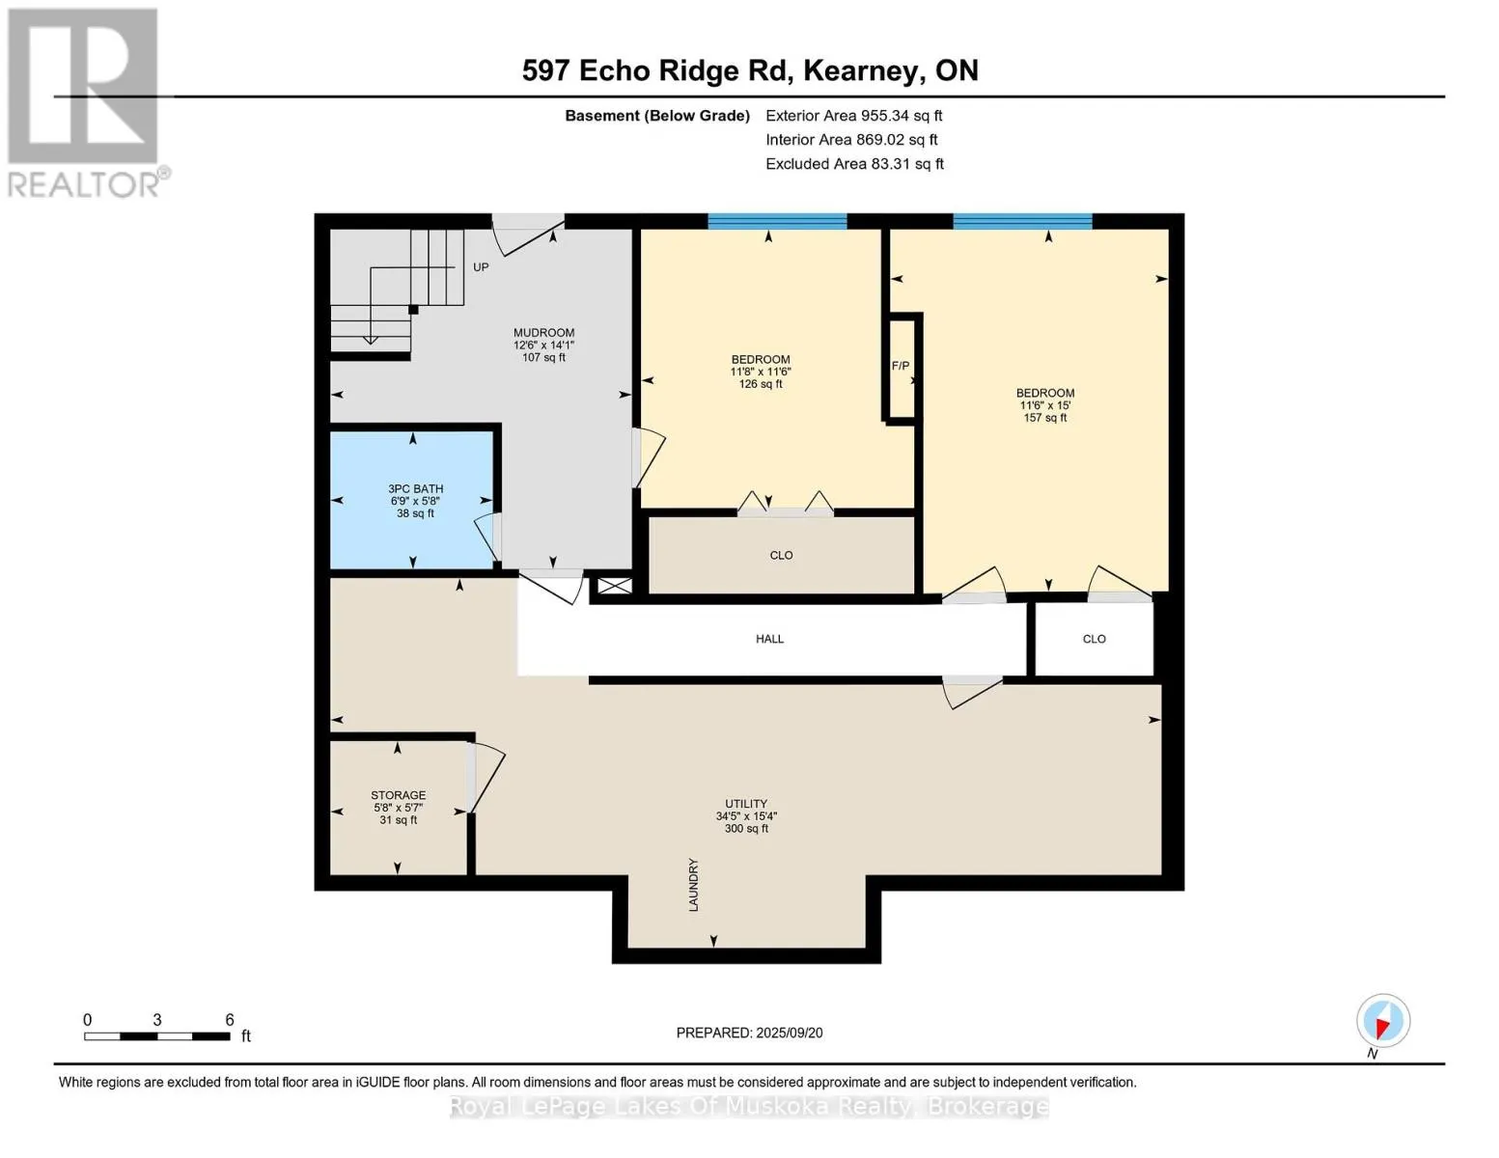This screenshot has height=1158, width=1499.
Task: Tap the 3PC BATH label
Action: point(415,489)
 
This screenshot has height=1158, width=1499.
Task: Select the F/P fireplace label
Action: point(900,366)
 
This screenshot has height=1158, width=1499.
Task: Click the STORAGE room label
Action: point(398,796)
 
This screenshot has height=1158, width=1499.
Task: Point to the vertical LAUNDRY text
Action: point(693,885)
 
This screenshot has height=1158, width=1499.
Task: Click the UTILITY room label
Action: point(746,804)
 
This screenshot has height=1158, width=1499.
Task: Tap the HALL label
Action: point(769,639)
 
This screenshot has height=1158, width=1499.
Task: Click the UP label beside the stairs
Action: point(481,267)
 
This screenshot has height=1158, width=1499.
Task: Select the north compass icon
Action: point(1382,1021)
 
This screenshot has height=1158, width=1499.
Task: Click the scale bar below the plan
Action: point(156,1036)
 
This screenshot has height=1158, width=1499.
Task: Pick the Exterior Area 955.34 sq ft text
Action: point(853,116)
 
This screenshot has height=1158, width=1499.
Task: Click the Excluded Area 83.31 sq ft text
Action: point(854,164)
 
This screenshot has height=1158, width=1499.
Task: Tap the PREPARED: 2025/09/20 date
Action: point(749,1033)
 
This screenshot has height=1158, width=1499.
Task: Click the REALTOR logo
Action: point(85,101)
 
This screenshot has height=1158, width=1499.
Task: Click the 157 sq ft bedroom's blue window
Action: point(1022,221)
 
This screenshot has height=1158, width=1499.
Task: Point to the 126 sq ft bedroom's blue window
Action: point(777,221)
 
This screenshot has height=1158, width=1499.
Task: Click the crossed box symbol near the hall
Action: point(615,586)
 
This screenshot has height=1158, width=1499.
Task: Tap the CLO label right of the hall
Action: point(1094,639)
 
